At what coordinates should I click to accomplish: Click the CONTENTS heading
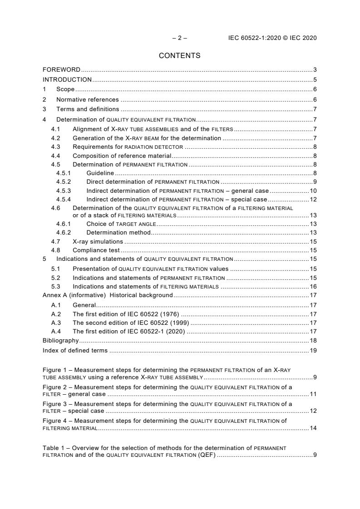[179, 56]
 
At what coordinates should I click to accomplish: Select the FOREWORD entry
[61, 70]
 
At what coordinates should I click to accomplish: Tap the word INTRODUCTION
[67, 80]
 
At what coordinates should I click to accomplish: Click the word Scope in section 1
[65, 89]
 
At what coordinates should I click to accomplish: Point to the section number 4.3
[55, 147]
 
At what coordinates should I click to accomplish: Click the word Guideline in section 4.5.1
[100, 173]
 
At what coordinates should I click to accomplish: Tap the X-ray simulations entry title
[98, 242]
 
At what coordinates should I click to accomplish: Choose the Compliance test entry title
[96, 250]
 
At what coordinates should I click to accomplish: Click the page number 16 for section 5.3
[313, 287]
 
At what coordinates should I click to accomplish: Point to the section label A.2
[56, 314]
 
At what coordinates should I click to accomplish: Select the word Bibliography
[60, 340]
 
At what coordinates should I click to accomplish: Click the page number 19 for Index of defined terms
[313, 350]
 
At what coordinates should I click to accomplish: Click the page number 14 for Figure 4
[313, 428]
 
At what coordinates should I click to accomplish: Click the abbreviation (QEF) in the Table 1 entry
[207, 455]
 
